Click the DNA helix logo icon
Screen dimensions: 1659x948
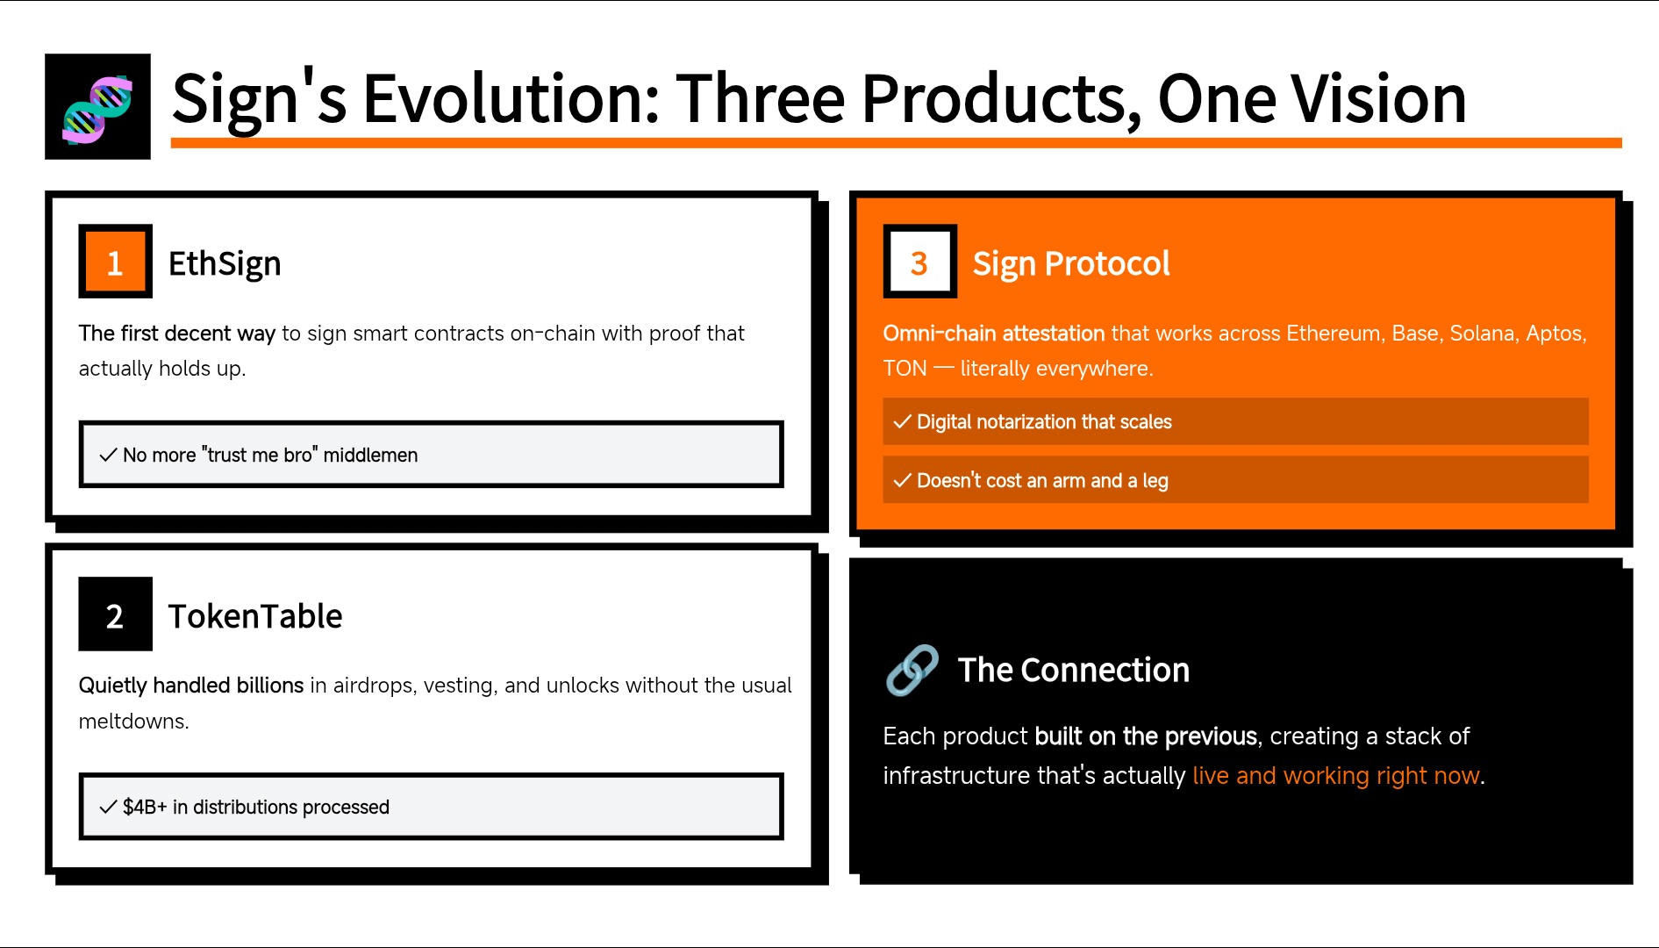tap(97, 106)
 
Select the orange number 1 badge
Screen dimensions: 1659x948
tap(115, 262)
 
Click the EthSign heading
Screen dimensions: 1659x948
tap(225, 264)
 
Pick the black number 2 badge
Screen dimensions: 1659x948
tap(115, 614)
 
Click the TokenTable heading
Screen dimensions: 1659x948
tap(255, 616)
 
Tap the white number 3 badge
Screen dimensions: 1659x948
tap(919, 262)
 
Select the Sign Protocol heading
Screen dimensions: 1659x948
tap(1071, 264)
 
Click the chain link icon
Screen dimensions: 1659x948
tap(912, 671)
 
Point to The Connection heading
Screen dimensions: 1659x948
tap(1074, 671)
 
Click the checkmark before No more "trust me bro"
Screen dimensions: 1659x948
tap(108, 455)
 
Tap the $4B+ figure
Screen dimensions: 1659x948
tap(145, 807)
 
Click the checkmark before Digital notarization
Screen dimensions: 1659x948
tap(902, 422)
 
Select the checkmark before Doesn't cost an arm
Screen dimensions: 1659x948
tap(902, 481)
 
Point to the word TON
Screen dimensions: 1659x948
tap(905, 369)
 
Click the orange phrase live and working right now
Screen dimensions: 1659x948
tap(1336, 776)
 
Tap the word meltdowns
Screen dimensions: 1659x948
tap(133, 722)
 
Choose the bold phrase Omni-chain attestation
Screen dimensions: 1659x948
tap(994, 334)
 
